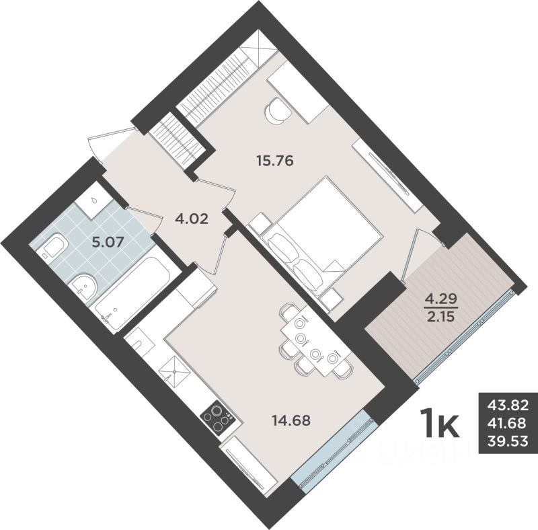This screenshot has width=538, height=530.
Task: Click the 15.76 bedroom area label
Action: click(x=277, y=161)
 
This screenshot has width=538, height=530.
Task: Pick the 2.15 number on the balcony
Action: click(x=438, y=315)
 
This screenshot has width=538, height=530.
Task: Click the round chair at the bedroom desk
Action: click(x=278, y=110)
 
